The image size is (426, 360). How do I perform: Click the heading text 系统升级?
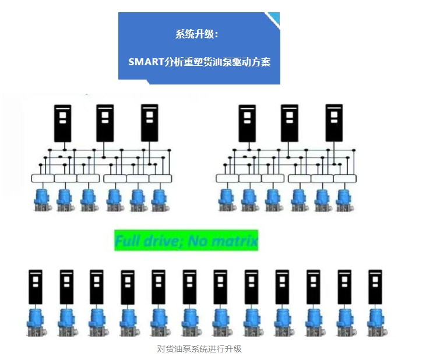tap(196, 34)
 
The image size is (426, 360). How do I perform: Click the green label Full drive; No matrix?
tap(186, 241)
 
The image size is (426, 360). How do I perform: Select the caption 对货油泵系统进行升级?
tap(199, 349)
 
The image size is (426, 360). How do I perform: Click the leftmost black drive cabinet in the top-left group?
tap(62, 123)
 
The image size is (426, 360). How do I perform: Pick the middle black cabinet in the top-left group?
tap(105, 123)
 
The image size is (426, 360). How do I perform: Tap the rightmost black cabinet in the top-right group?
tap(333, 123)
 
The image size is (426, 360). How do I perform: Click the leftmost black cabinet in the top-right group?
tap(247, 123)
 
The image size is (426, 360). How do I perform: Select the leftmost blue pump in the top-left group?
tap(42, 199)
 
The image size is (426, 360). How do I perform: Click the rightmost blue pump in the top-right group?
tap(343, 199)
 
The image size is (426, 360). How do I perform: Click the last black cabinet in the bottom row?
tap(375, 287)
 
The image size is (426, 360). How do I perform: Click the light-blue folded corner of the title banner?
tap(273, 19)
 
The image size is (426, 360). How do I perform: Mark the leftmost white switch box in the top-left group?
tap(42, 178)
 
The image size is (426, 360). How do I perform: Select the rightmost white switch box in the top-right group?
tap(345, 178)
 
